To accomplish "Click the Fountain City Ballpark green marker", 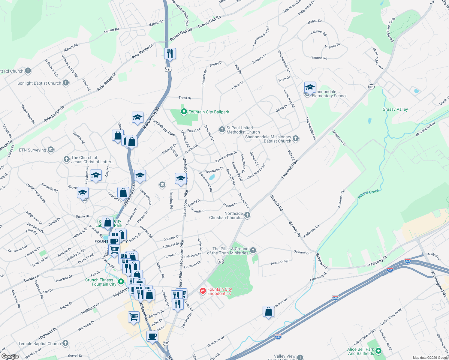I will click(x=184, y=112).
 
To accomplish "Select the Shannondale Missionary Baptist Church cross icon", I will click(x=296, y=138).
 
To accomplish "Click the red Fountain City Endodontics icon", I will click(x=203, y=291).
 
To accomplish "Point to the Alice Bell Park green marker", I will click(x=378, y=351).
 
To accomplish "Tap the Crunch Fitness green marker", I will click(x=121, y=282).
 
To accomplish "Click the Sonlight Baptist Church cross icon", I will click(x=66, y=83).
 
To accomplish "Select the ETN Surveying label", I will click(x=32, y=150).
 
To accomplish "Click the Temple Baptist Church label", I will click(x=39, y=343).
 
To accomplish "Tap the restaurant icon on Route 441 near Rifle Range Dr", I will click(x=170, y=54).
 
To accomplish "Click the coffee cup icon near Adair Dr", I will click(x=152, y=336).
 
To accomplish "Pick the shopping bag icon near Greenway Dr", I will click(x=268, y=312).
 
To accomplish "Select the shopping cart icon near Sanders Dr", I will click(x=134, y=317).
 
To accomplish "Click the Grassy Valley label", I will click(x=395, y=109).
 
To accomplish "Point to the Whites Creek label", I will click(x=368, y=194).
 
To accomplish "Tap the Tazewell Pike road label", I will click(x=290, y=170).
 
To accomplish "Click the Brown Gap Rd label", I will click(x=209, y=22).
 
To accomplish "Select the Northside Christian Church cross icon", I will click(x=247, y=215).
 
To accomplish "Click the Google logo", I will click(x=10, y=356).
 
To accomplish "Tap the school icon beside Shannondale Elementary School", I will click(x=310, y=88).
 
